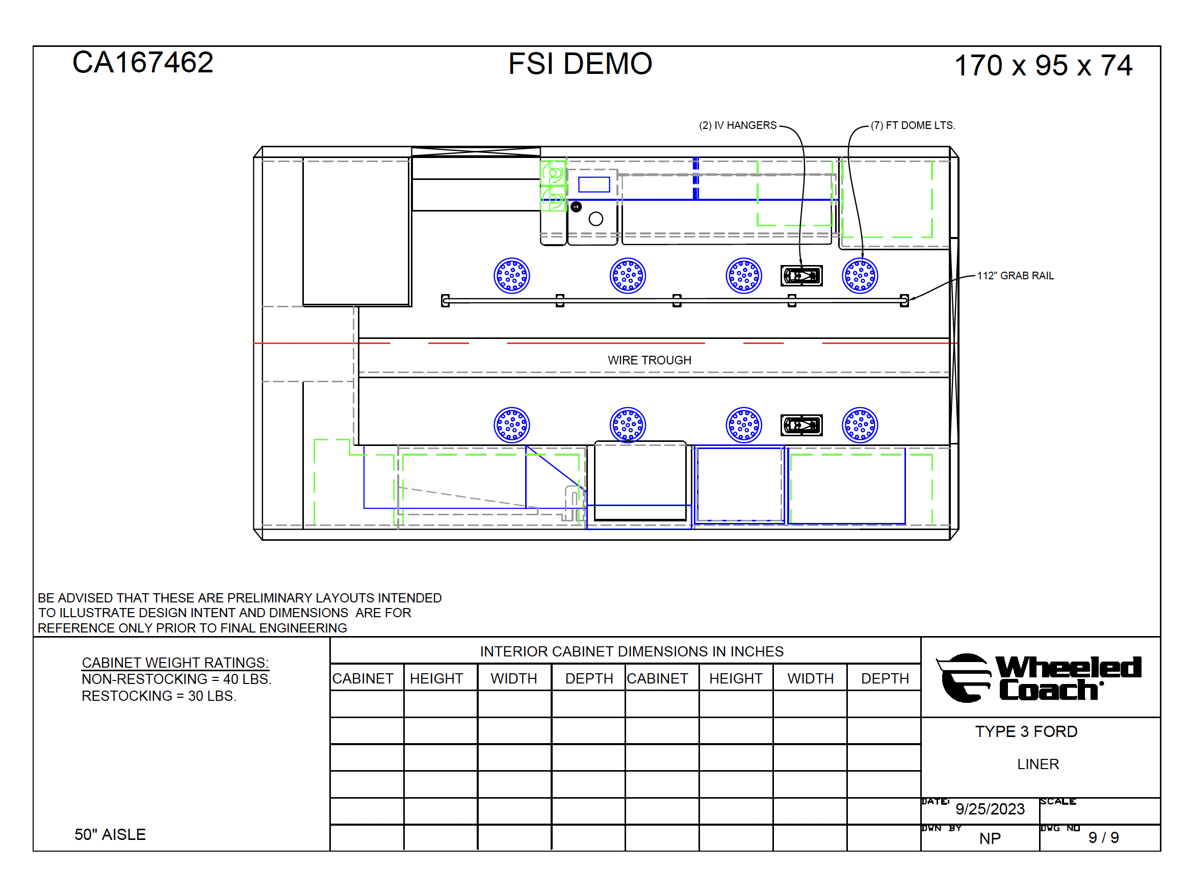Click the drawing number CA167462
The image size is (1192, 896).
pyautogui.click(x=143, y=63)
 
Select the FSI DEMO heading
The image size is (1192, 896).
pyautogui.click(x=580, y=64)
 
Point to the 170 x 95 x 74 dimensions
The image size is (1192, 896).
pyautogui.click(x=1043, y=66)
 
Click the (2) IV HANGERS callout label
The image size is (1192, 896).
pyautogui.click(x=738, y=125)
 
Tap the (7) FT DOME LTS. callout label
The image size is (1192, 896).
pyautogui.click(x=913, y=125)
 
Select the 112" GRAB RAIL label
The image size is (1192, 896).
pyautogui.click(x=1015, y=276)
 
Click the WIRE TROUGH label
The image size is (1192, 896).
pyautogui.click(x=650, y=360)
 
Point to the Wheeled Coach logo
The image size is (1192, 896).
pyautogui.click(x=1039, y=678)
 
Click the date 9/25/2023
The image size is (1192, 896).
pyautogui.click(x=990, y=809)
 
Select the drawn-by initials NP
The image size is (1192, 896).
pyautogui.click(x=990, y=838)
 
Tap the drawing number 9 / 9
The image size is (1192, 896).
pyautogui.click(x=1104, y=837)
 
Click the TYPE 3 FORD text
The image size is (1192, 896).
pyautogui.click(x=1026, y=732)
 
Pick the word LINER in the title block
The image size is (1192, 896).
pyautogui.click(x=1038, y=764)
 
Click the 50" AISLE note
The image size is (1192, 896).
pyautogui.click(x=110, y=834)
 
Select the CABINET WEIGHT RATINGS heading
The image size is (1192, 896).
pyautogui.click(x=175, y=663)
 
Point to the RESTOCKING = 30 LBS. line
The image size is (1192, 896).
pyautogui.click(x=159, y=696)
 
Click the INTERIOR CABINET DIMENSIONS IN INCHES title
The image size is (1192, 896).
pyautogui.click(x=632, y=652)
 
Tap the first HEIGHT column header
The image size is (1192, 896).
pyautogui.click(x=436, y=679)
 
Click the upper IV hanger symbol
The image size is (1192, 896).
pyautogui.click(x=801, y=276)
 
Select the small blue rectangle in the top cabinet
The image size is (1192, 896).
pyautogui.click(x=594, y=185)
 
